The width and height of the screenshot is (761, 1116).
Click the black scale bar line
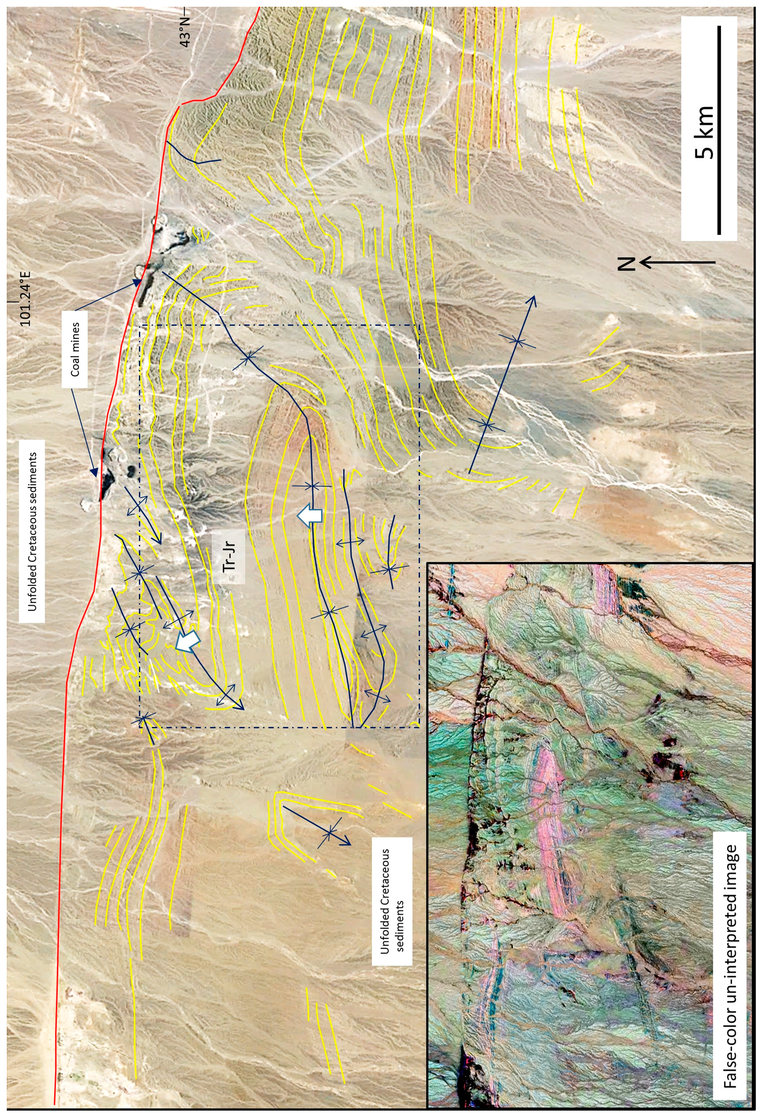[x=719, y=130]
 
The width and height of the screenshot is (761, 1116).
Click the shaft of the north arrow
[x=681, y=262]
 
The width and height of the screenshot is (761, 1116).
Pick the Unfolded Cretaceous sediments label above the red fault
[x=32, y=531]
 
